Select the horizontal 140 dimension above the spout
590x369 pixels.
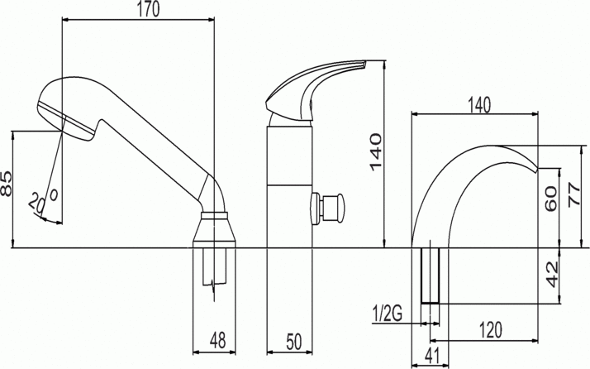(478, 104)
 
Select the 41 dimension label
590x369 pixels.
(430, 357)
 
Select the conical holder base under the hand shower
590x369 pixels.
(215, 228)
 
